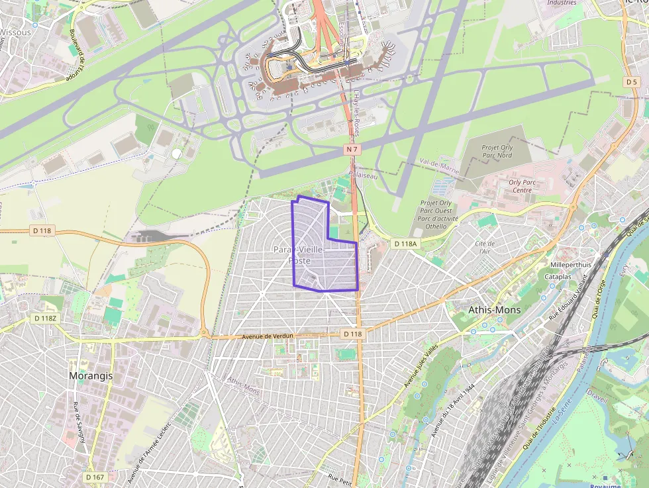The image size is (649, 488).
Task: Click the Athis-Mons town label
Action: (x=494, y=310)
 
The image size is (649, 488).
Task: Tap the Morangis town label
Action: (x=91, y=375)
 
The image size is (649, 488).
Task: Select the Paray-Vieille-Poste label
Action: (x=299, y=255)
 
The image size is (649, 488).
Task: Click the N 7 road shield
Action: (x=352, y=150)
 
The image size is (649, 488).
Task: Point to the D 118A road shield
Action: (x=405, y=244)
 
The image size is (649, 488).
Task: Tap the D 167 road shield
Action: (x=95, y=477)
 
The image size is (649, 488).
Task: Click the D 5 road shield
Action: (x=631, y=81)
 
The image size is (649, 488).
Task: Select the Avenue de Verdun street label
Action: (x=268, y=336)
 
